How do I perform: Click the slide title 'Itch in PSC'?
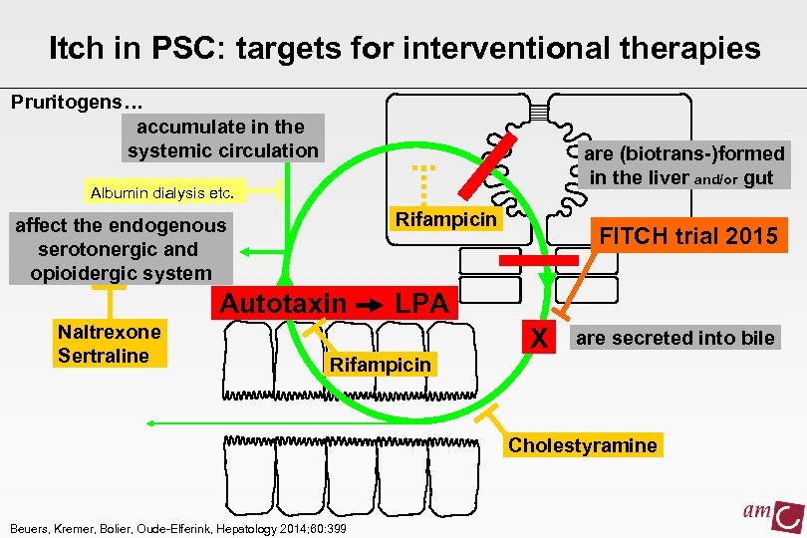click(x=403, y=47)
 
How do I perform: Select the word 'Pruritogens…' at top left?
click(x=77, y=103)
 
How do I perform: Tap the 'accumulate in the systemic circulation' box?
click(x=222, y=138)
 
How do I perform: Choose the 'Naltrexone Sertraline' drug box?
click(x=109, y=343)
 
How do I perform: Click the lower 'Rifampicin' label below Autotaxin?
click(x=381, y=364)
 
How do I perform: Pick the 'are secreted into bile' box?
click(x=674, y=338)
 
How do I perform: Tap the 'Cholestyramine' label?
click(x=583, y=444)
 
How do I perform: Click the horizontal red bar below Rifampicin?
click(x=538, y=260)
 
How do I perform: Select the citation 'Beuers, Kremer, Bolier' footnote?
click(x=177, y=528)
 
